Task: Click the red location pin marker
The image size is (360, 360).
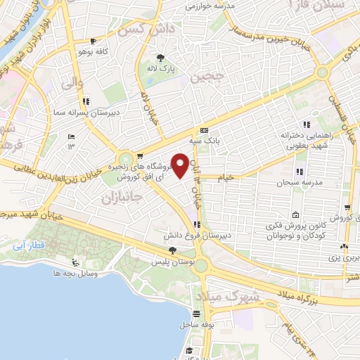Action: [x=181, y=165]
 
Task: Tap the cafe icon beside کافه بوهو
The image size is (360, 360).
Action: [x=94, y=41]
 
